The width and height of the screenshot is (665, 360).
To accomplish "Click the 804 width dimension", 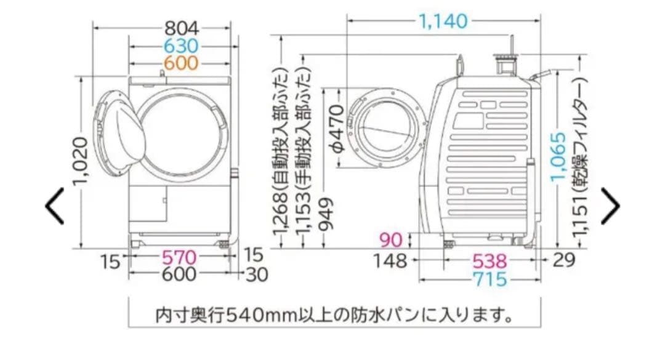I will tap(182, 28).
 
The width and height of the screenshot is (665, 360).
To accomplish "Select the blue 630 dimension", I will tap(182, 46).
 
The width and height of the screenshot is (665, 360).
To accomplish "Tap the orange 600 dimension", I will tap(182, 63).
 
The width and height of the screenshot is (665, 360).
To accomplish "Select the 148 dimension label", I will tap(390, 260).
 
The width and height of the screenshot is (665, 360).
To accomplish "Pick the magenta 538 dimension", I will tap(490, 260).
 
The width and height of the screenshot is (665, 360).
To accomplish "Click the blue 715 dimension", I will tap(490, 279).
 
